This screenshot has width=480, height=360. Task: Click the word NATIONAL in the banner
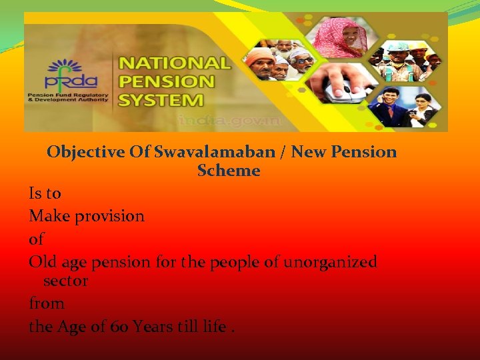tap(175, 65)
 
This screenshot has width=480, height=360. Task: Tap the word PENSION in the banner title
tap(167, 83)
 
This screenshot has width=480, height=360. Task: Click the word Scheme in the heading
tap(229, 171)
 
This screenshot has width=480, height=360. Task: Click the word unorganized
tap(330, 262)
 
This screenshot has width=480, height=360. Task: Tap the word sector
tap(65, 281)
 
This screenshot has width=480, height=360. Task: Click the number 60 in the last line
tap(120, 327)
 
